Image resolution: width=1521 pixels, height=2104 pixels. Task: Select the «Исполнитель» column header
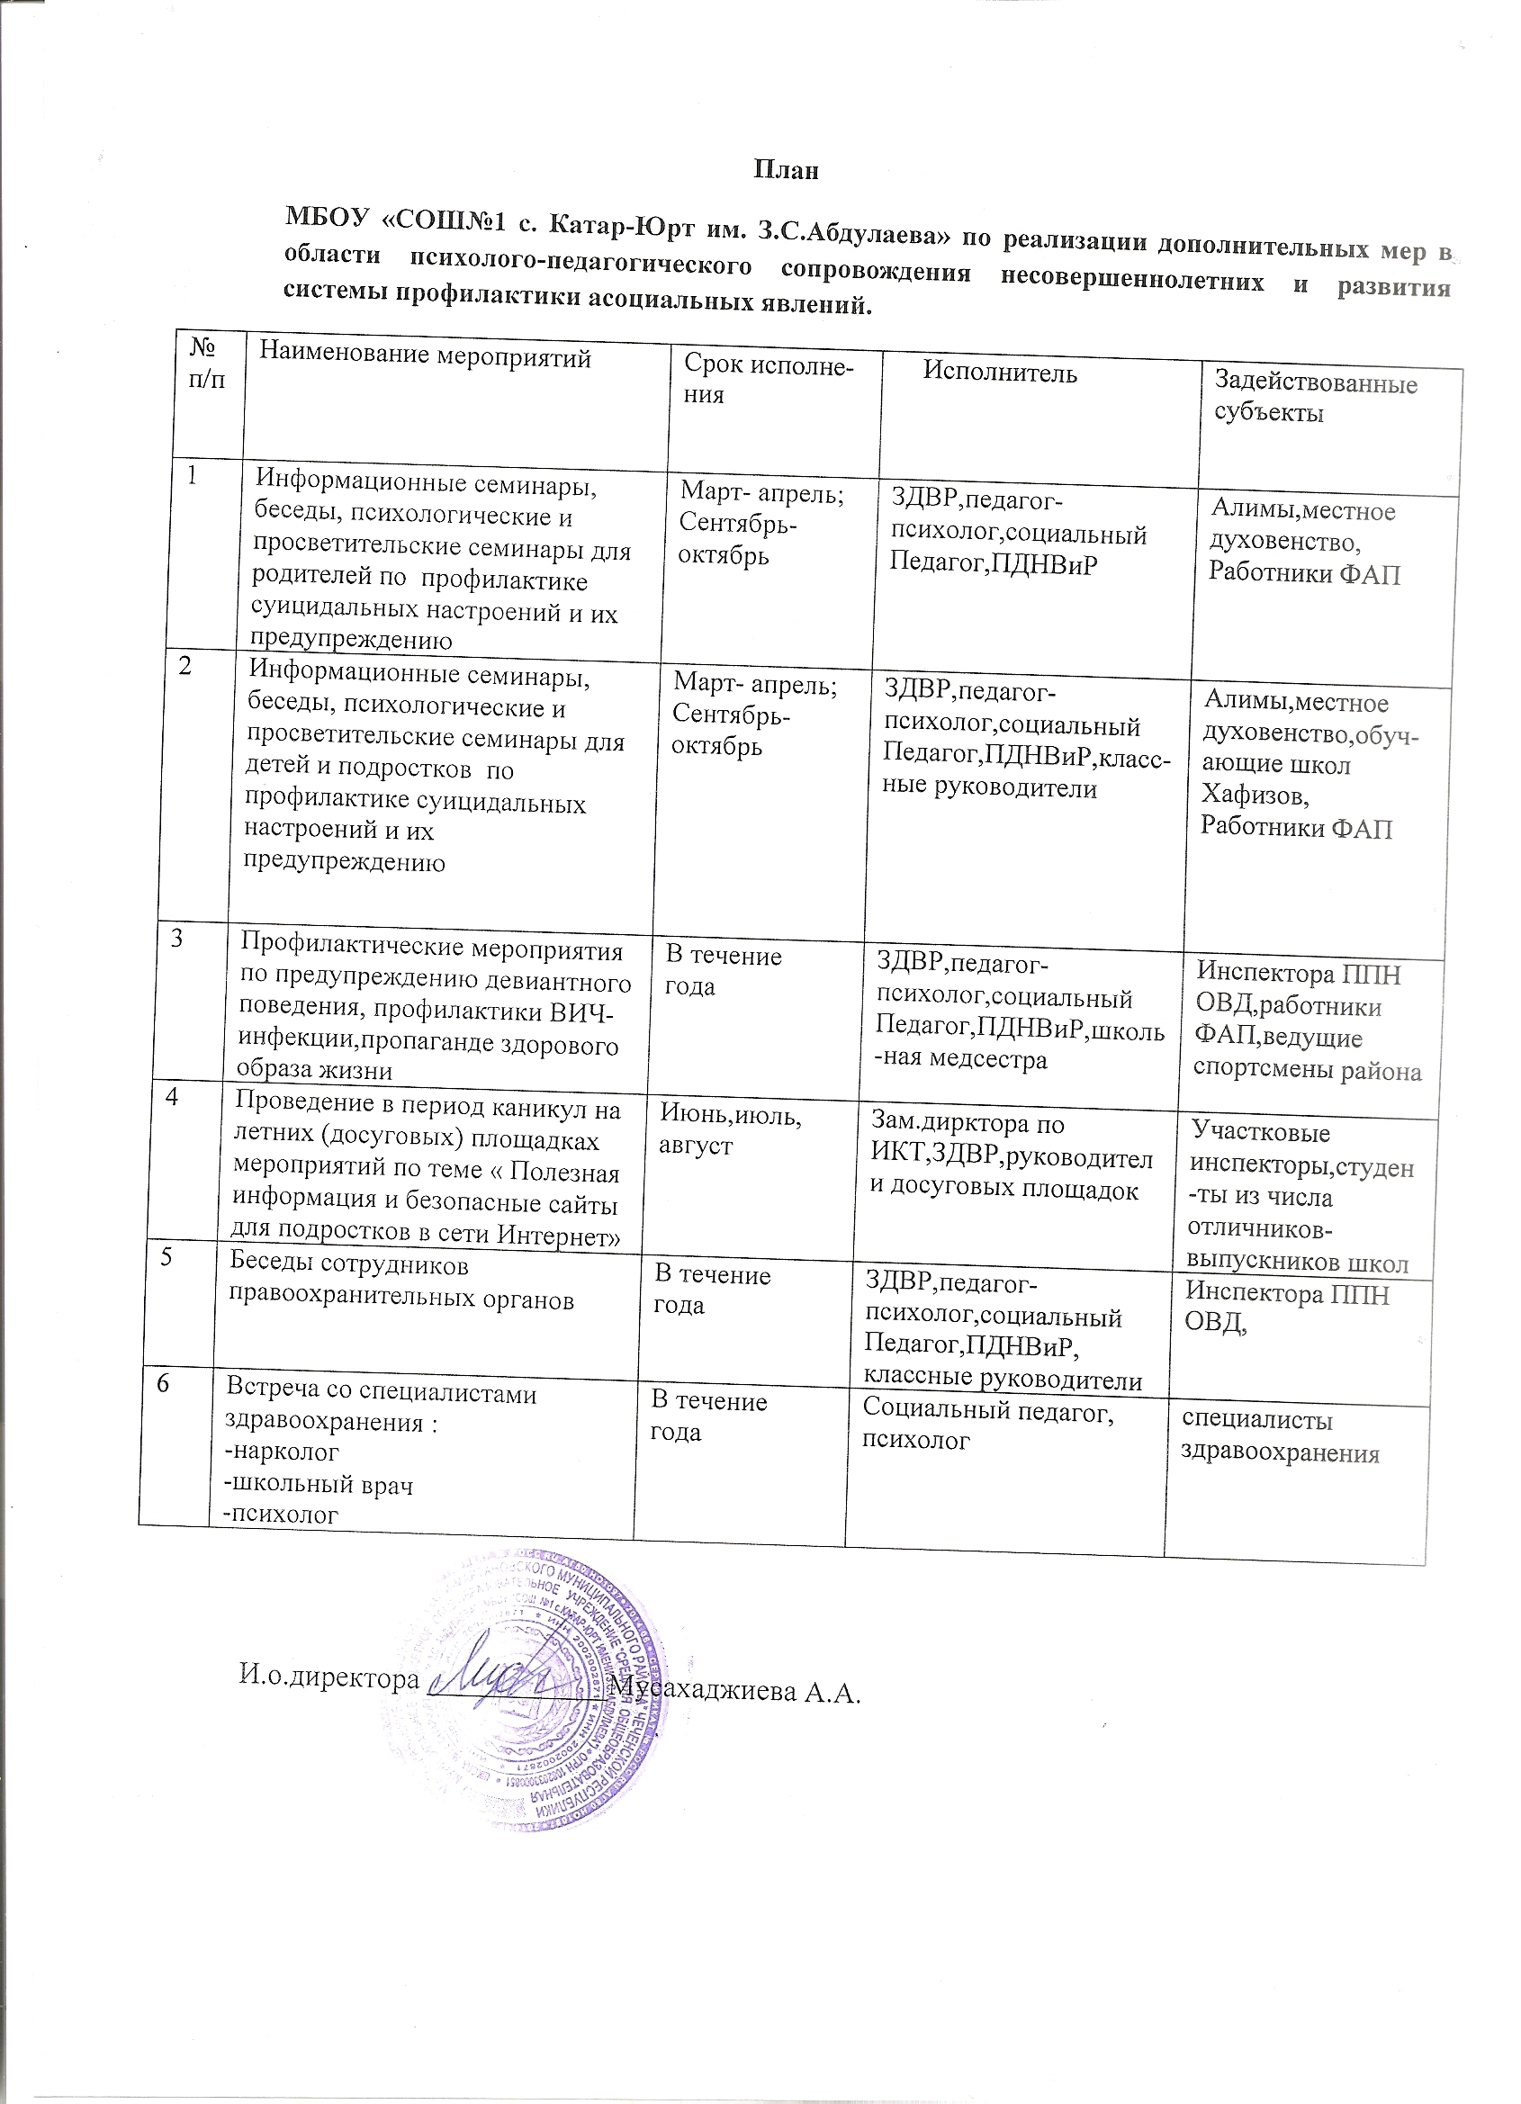pyautogui.click(x=1000, y=373)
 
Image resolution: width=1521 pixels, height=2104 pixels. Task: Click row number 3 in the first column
pyautogui.click(x=175, y=938)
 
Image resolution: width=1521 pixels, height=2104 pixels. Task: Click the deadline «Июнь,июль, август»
pyautogui.click(x=729, y=1130)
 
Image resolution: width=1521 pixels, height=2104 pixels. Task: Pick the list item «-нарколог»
pyautogui.click(x=282, y=1451)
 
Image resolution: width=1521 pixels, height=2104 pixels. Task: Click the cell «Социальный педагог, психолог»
pyautogui.click(x=987, y=1425)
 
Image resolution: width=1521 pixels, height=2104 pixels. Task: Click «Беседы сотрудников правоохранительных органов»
pyautogui.click(x=400, y=1282)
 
